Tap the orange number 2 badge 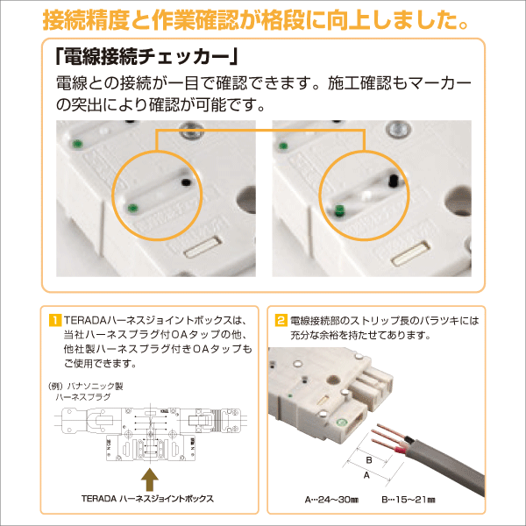pos(281,320)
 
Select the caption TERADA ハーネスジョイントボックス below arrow pos(150,500)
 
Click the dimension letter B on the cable pos(369,459)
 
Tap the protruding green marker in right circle pos(338,210)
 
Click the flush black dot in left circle pos(186,182)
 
